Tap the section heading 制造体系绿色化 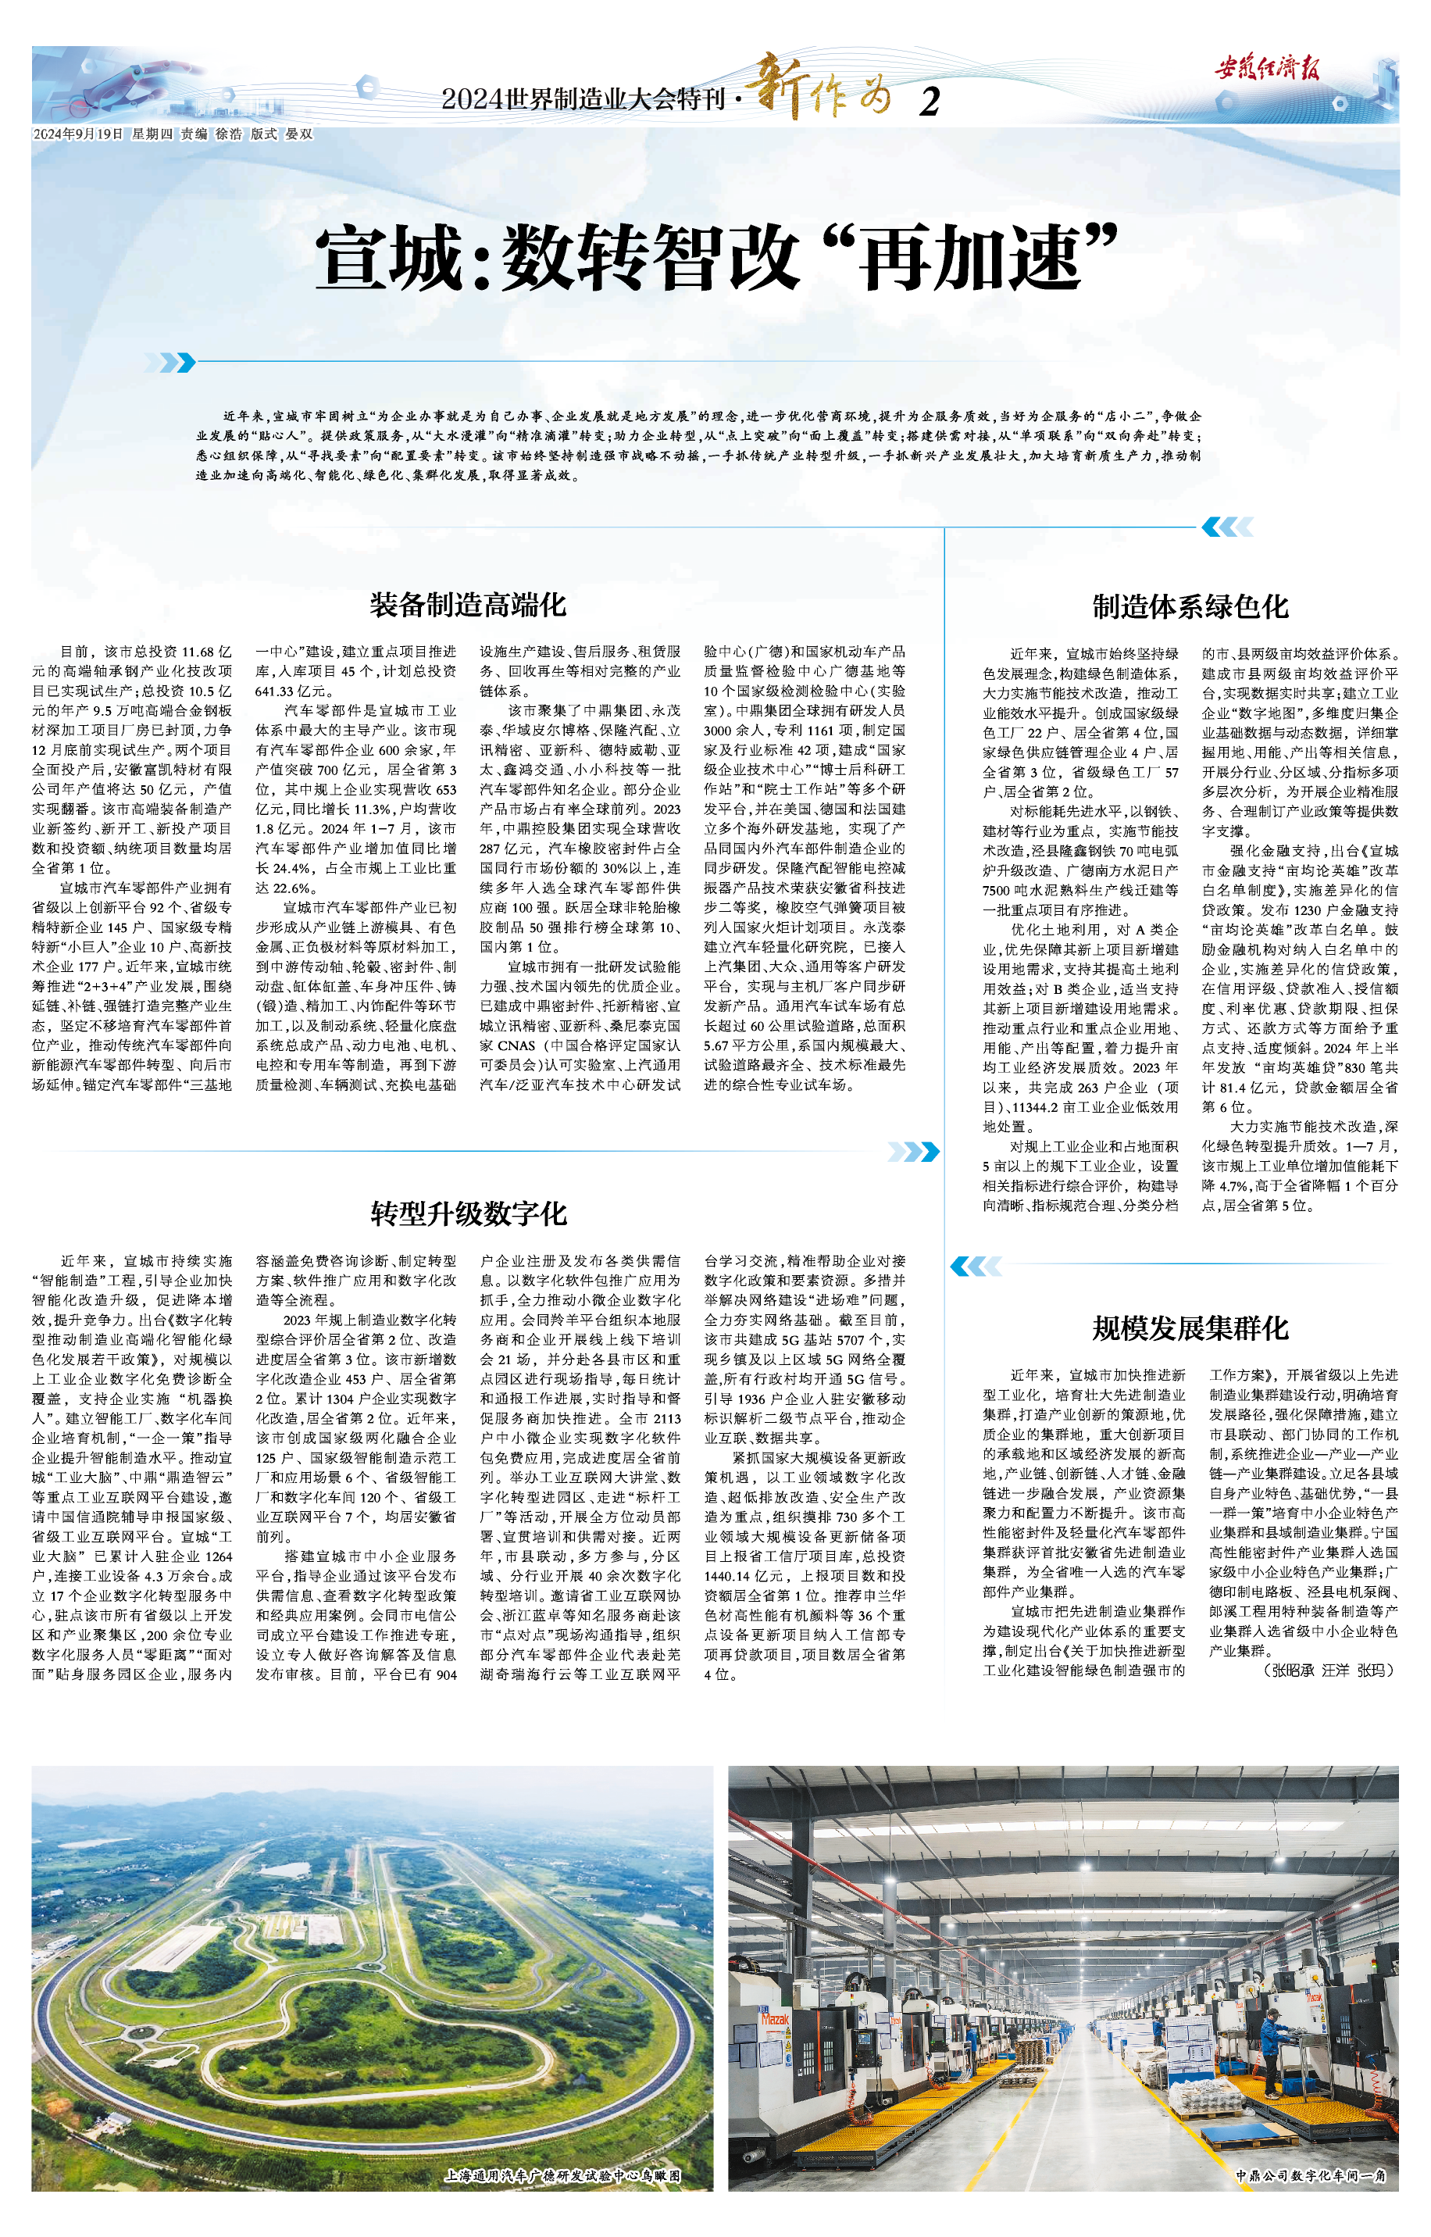(x=1190, y=607)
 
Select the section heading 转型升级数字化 (x=469, y=1213)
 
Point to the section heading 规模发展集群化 (x=1190, y=1328)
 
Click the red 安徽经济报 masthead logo (x=1266, y=68)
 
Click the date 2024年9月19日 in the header (x=78, y=134)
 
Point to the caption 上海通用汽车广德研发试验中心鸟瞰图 (x=563, y=2174)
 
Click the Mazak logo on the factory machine (x=775, y=2018)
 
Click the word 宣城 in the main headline (x=389, y=259)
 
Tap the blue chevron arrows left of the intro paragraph (x=176, y=362)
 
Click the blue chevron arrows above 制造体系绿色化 (x=1226, y=527)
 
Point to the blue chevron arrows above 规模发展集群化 (x=976, y=1265)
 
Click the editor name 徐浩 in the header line (x=229, y=134)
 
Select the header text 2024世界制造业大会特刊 (x=583, y=98)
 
